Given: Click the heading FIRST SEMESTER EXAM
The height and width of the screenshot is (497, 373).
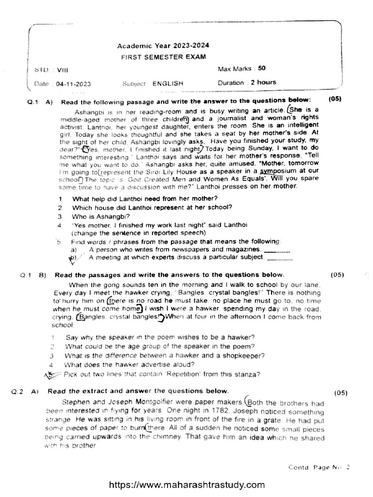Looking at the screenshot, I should click(x=163, y=57).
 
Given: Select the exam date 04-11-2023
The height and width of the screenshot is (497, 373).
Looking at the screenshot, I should click(x=73, y=83).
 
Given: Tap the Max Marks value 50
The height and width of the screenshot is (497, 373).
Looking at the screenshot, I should click(x=262, y=68).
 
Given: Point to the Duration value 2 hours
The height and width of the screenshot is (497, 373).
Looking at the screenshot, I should click(x=263, y=83).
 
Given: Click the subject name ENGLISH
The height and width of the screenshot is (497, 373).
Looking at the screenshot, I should click(x=168, y=83).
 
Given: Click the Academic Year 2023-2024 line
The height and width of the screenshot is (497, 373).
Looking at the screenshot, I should click(x=163, y=46).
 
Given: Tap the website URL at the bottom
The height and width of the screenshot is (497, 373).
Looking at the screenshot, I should click(x=187, y=484).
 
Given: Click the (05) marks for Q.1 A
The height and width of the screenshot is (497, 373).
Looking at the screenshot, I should click(x=335, y=99).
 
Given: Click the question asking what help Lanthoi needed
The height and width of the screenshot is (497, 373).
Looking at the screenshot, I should click(x=145, y=199).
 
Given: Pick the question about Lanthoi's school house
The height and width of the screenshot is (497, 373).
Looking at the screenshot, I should click(x=152, y=207).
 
